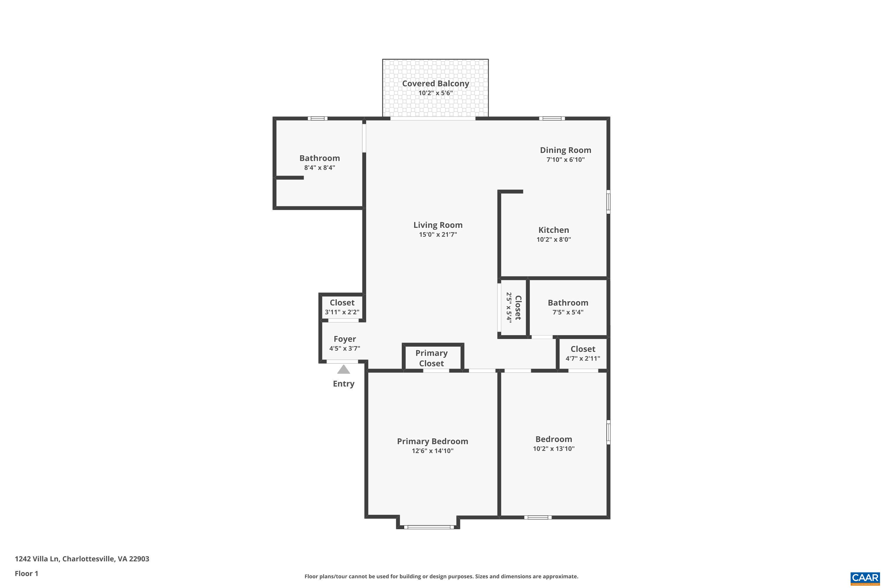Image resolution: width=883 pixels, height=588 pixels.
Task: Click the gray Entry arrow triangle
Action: pos(343,370)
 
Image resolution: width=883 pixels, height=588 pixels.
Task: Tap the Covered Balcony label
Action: pos(436,83)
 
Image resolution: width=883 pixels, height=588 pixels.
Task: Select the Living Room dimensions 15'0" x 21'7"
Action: pos(438,235)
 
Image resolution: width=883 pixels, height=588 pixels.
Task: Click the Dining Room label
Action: pos(565,150)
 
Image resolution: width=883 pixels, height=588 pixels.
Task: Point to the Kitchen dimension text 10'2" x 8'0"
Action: pos(553,240)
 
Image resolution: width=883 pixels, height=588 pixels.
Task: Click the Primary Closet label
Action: pos(431,358)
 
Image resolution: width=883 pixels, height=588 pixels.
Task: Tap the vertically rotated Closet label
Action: pos(518,308)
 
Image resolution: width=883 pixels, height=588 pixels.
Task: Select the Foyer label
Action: pos(345,339)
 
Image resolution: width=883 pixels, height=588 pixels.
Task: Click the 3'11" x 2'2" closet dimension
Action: pos(342,312)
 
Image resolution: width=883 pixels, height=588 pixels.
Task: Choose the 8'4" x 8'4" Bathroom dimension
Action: pos(319,168)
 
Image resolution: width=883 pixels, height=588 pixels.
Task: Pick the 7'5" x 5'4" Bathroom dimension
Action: pos(568,312)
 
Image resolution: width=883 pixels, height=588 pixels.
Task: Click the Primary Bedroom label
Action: pos(432,441)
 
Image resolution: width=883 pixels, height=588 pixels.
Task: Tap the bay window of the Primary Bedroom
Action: pos(429,527)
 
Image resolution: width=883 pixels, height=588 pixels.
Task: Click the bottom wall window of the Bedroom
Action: pos(538,517)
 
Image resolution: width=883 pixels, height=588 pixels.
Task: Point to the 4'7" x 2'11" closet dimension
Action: pos(583,358)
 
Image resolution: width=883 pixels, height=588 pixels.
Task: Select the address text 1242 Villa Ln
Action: pos(37,559)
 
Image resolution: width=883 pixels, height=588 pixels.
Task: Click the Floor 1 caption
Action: pos(26,573)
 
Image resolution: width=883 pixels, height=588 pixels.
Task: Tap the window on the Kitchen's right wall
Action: pos(608,202)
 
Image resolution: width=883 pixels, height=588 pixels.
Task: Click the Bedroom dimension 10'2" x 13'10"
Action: pos(553,449)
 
